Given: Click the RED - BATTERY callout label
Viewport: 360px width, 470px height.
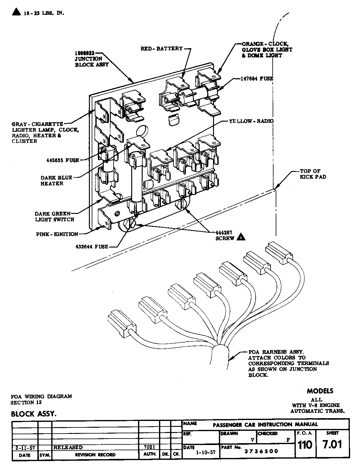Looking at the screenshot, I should [x=161, y=48].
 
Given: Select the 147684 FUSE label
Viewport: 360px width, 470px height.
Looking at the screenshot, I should [x=257, y=79].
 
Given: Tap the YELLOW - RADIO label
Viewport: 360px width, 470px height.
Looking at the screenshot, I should [x=251, y=121].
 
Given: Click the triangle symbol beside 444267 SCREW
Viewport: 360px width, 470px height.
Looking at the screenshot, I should [x=241, y=238].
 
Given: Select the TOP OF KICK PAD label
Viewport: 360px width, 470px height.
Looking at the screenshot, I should [x=310, y=174].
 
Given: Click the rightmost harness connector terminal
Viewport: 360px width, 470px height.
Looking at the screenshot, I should [x=279, y=252].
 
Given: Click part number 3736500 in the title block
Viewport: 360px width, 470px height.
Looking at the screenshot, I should [x=261, y=451].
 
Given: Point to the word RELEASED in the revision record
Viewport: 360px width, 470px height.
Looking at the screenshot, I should [x=68, y=447].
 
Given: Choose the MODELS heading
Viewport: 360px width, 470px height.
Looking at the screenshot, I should [x=320, y=391].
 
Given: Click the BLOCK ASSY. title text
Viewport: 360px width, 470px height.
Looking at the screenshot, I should [x=34, y=414].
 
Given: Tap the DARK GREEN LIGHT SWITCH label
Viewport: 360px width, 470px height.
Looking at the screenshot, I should [x=54, y=217].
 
